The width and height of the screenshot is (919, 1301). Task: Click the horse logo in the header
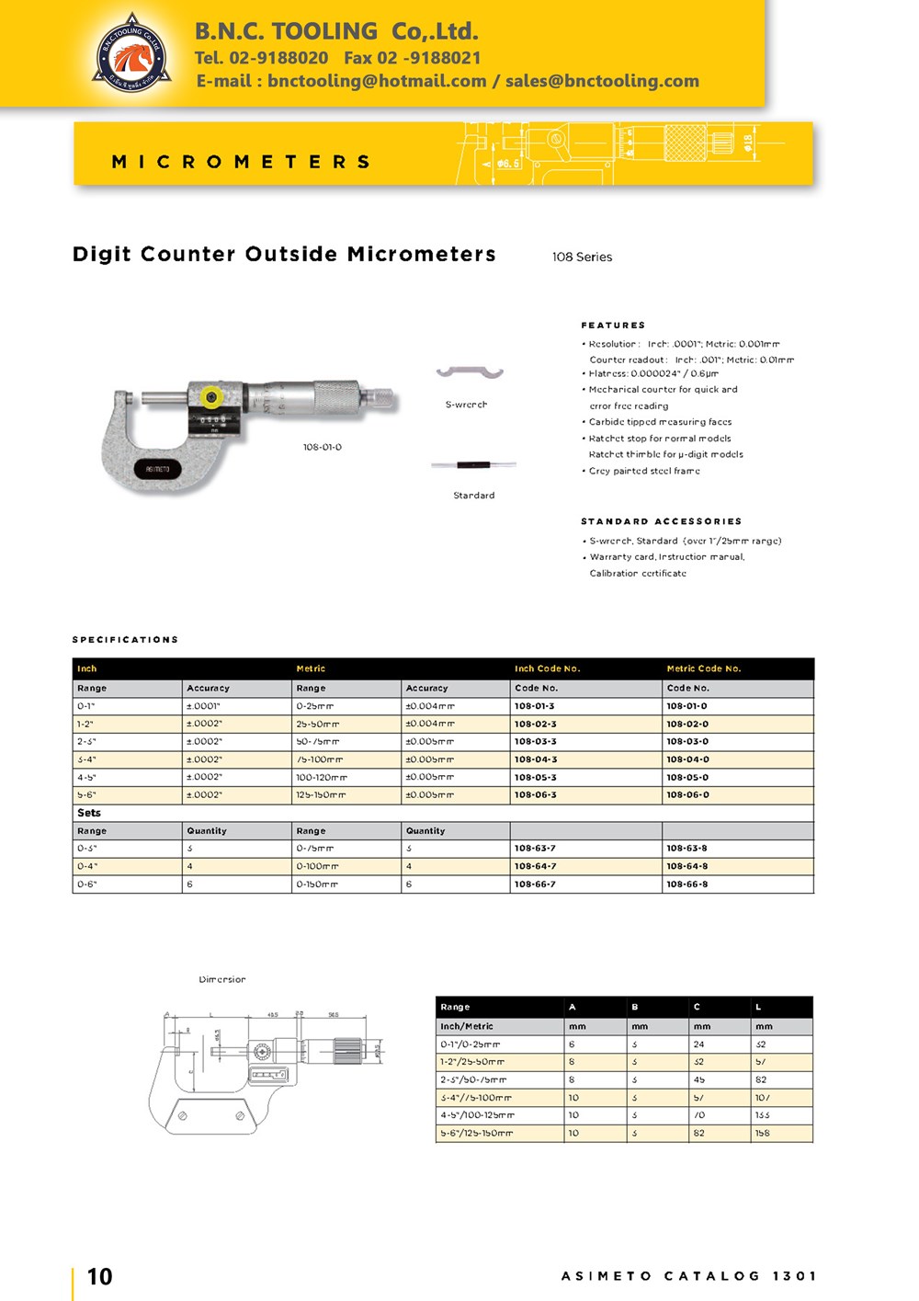pyautogui.click(x=132, y=54)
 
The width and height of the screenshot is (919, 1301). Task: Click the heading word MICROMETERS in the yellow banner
pyautogui.click(x=241, y=162)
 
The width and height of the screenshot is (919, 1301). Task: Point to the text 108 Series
pyautogui.click(x=582, y=257)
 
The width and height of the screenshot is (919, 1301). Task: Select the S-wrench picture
pyautogui.click(x=470, y=372)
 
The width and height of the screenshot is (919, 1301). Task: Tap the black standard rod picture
pyautogui.click(x=473, y=465)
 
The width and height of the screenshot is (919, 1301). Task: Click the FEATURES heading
pyautogui.click(x=613, y=325)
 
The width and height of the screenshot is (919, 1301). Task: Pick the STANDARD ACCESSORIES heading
pyautogui.click(x=661, y=521)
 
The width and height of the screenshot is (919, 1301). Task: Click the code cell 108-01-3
pyautogui.click(x=535, y=706)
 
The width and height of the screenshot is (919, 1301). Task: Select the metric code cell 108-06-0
pyautogui.click(x=687, y=794)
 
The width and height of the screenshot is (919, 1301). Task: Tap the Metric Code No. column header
pyautogui.click(x=704, y=668)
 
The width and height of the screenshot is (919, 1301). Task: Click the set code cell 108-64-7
pyautogui.click(x=535, y=866)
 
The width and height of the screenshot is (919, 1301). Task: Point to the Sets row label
pyautogui.click(x=89, y=813)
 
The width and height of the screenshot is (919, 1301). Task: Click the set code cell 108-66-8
pyautogui.click(x=687, y=884)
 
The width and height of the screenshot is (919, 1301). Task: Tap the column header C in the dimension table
pyautogui.click(x=697, y=1007)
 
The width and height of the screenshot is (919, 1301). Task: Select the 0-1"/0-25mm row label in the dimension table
pyautogui.click(x=471, y=1044)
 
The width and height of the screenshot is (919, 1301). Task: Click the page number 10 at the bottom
pyautogui.click(x=99, y=1276)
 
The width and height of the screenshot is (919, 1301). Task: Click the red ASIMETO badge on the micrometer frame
pyautogui.click(x=157, y=470)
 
